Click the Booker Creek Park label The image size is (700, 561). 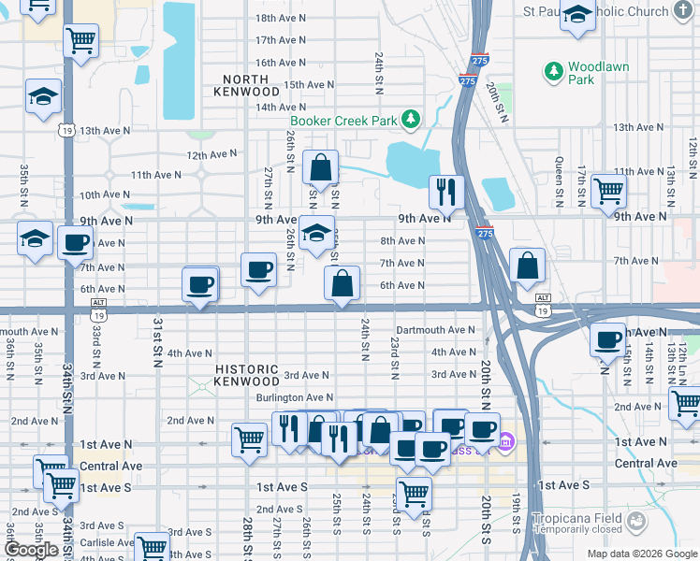(343, 120)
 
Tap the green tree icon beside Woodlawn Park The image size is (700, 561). (554, 71)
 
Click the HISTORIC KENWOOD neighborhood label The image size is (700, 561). (247, 375)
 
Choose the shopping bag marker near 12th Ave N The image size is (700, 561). (320, 168)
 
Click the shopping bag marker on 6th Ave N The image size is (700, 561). (342, 282)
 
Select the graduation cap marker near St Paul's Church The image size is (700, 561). (578, 16)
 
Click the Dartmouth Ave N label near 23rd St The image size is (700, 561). (435, 330)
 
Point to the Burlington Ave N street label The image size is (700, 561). (295, 397)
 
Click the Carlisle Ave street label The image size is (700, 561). (105, 542)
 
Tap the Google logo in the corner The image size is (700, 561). (31, 550)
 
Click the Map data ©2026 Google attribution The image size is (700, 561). (641, 554)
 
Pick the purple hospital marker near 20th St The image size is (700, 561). (506, 440)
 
